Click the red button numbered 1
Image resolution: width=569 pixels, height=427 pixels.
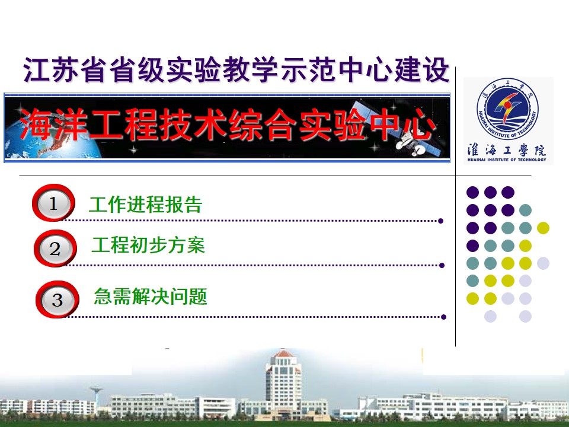(x=53, y=203)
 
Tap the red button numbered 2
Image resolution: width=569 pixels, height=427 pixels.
(x=55, y=248)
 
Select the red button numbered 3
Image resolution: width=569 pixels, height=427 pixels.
(x=57, y=299)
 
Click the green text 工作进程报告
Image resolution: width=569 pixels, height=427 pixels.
(x=145, y=205)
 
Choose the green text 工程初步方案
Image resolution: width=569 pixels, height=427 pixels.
(x=148, y=245)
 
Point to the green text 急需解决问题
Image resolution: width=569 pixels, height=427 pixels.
(x=150, y=297)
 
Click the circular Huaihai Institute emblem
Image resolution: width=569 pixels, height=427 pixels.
(x=508, y=109)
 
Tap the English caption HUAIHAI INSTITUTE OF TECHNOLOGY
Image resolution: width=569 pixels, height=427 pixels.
(x=507, y=160)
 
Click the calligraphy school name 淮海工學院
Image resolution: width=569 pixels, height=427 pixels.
(x=507, y=149)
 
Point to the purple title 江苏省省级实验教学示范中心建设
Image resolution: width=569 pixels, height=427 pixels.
(x=236, y=69)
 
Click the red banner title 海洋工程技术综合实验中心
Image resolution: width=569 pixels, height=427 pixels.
(x=228, y=125)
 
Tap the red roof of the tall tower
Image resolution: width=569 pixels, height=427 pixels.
(x=283, y=353)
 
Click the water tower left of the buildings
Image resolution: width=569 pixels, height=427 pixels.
(x=96, y=397)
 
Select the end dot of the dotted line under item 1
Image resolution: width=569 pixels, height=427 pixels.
(x=440, y=221)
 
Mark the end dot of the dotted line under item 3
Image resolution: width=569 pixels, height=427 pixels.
(x=443, y=317)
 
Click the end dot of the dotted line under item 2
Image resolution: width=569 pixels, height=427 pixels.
(x=442, y=266)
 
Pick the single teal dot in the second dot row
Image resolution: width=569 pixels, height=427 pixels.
(x=525, y=210)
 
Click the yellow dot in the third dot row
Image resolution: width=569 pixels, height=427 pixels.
(x=543, y=228)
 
